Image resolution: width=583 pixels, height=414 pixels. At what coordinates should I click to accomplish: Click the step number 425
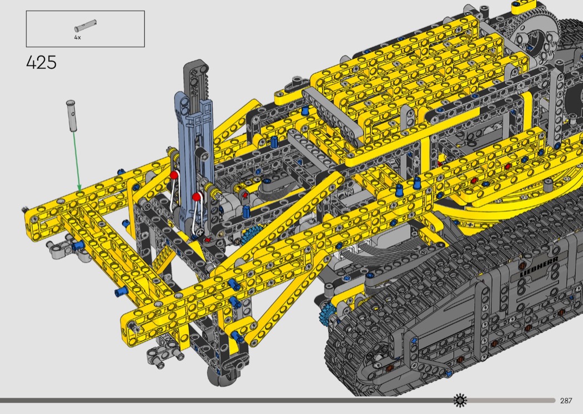(41, 63)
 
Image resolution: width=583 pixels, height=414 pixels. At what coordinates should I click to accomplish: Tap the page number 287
(566, 401)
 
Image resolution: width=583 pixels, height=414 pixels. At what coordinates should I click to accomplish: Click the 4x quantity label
(77, 38)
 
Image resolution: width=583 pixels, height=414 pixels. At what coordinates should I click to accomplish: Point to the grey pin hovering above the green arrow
(71, 115)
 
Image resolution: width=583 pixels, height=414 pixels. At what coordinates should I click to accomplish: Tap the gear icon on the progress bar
(460, 400)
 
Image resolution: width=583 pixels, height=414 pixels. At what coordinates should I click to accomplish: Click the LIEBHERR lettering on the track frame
(539, 266)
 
